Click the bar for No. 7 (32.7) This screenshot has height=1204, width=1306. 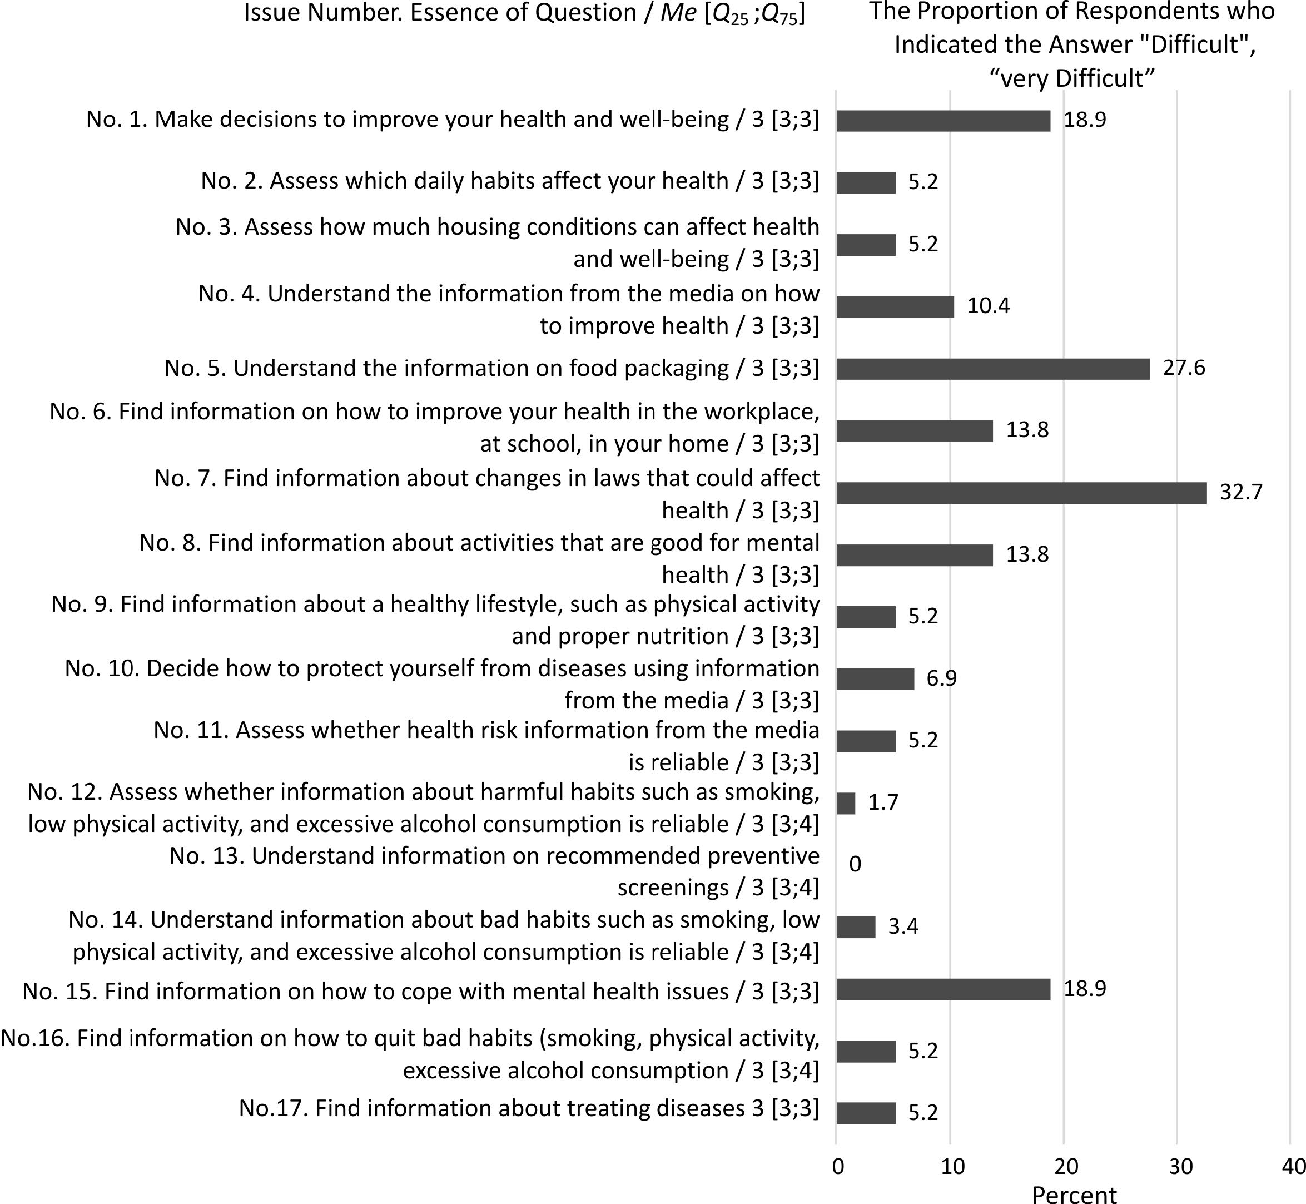[1021, 493]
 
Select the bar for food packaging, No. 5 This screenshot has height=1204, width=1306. [992, 369]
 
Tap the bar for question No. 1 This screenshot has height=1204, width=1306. [942, 121]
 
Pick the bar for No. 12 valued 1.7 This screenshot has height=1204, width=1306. [846, 804]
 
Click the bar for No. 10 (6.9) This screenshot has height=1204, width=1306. [875, 679]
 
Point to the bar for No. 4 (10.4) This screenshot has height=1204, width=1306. [895, 307]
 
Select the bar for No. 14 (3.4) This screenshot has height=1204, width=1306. [855, 927]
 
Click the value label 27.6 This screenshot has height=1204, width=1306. [1184, 368]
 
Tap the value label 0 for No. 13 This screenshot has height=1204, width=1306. [855, 864]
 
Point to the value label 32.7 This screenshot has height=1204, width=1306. [1241, 492]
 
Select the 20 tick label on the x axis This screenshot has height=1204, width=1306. [1066, 1166]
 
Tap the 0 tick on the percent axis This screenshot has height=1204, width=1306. [838, 1166]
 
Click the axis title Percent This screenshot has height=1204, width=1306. [1074, 1193]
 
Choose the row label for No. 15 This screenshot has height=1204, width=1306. [420, 991]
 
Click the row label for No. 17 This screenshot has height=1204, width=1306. [528, 1108]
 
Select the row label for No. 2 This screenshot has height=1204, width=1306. [509, 181]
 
